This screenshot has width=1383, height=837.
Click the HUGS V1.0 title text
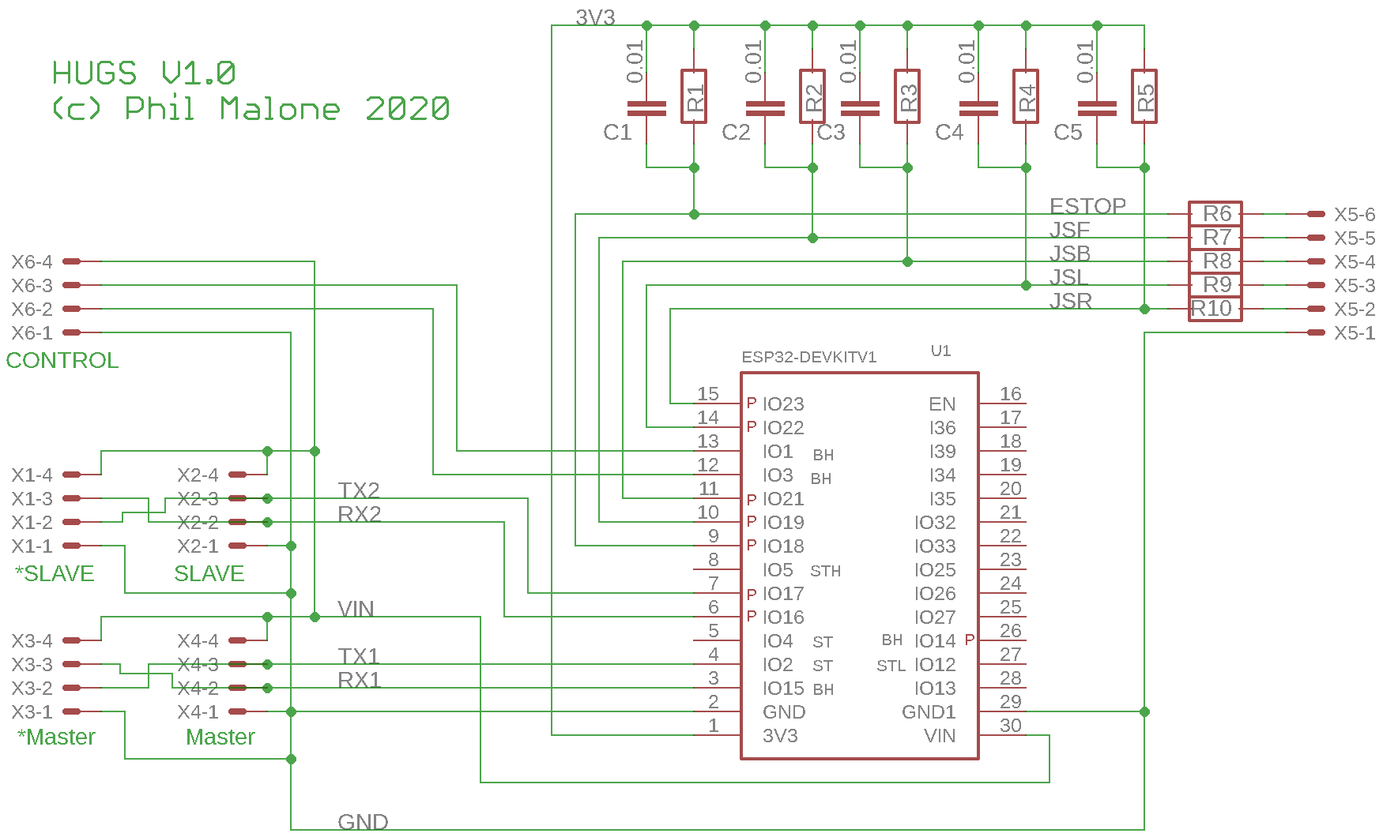(x=144, y=73)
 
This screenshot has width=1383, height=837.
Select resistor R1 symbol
(x=694, y=96)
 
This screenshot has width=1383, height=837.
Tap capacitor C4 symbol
(x=978, y=108)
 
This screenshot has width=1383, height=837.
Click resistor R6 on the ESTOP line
(x=1215, y=213)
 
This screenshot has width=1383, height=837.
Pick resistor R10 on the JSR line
(x=1215, y=309)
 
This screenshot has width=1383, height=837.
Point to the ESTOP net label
(x=1087, y=205)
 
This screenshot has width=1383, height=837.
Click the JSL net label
(x=1068, y=277)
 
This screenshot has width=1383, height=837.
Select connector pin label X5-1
(x=1354, y=333)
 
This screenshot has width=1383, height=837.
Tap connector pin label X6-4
(x=32, y=261)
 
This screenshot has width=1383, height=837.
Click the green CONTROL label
(x=62, y=360)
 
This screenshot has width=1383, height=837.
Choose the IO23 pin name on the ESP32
(x=782, y=404)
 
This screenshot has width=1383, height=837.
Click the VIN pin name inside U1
(x=940, y=736)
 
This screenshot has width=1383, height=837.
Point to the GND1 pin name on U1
(x=929, y=712)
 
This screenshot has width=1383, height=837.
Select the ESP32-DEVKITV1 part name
(x=808, y=357)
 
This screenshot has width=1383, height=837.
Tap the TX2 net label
(x=359, y=490)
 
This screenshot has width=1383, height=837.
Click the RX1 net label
(x=359, y=680)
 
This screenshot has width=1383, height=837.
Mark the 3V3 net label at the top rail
(x=594, y=17)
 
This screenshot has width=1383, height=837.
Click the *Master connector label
(x=56, y=737)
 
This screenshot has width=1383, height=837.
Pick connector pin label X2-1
(x=198, y=546)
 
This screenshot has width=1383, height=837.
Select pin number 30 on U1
(x=1010, y=725)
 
